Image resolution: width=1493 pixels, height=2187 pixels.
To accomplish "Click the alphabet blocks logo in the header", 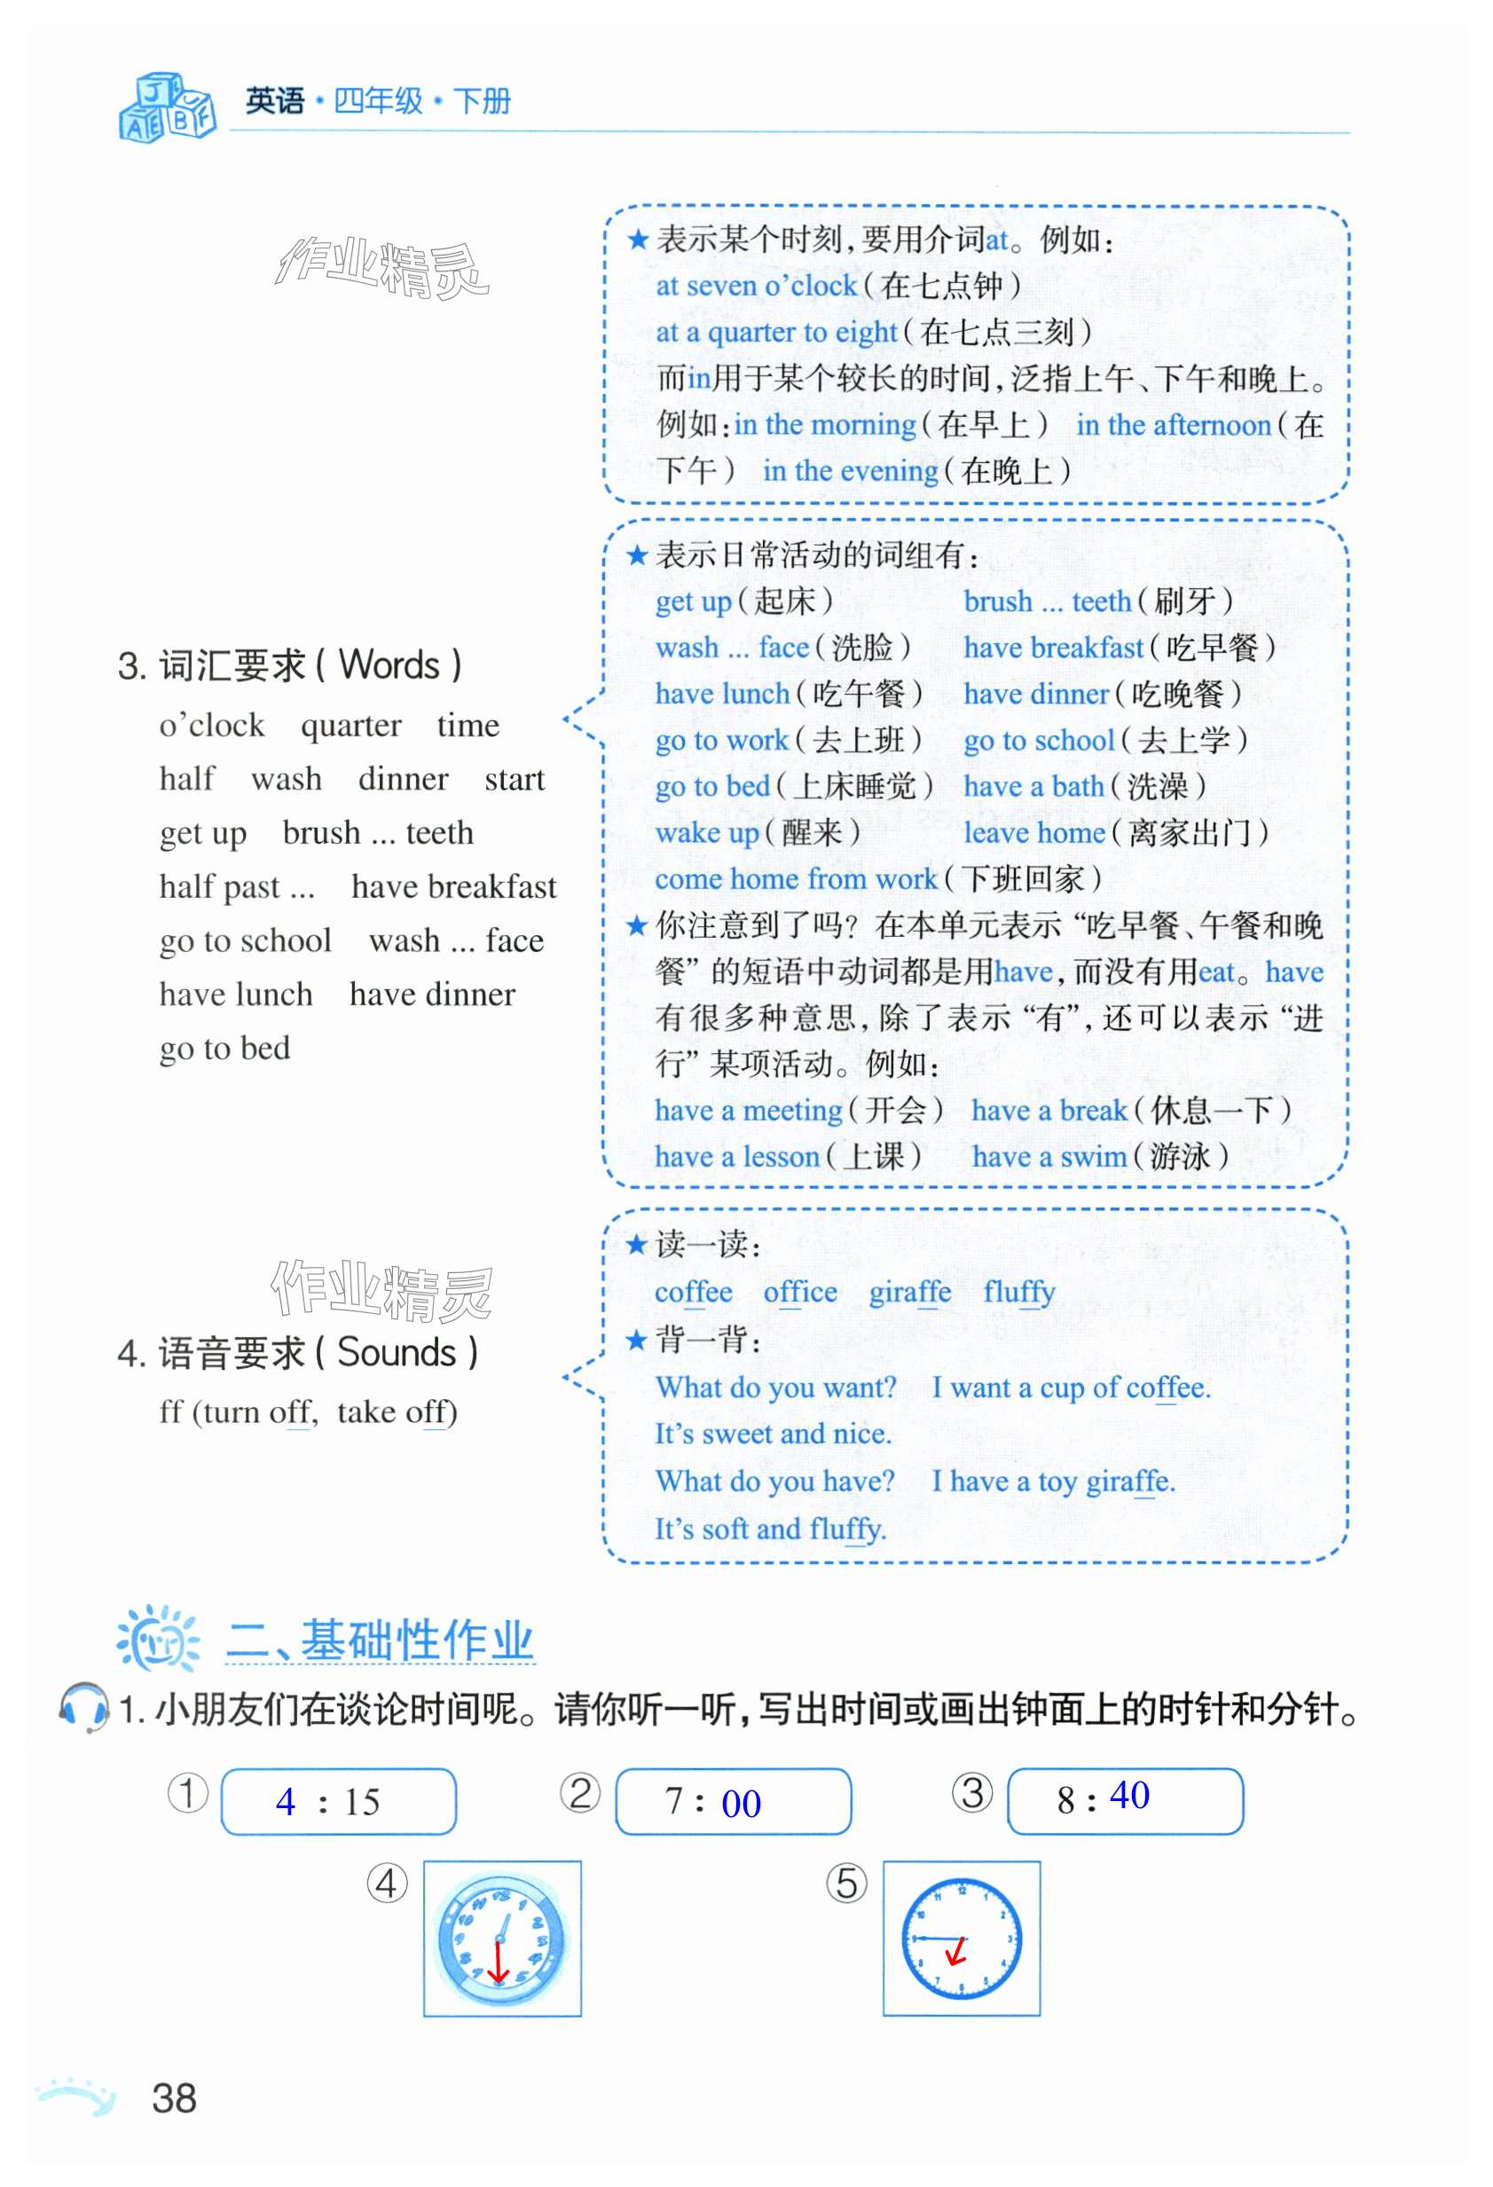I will coord(167,106).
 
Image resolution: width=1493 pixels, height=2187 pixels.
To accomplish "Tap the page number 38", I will coord(174,2097).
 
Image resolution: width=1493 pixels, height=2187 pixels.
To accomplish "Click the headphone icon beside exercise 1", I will coord(83,1706).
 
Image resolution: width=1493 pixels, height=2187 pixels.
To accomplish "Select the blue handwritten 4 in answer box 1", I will coord(285,1801).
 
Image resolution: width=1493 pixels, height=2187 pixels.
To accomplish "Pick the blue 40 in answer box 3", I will coord(1129,1795).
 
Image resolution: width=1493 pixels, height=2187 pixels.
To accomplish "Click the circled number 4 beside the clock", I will coord(387,1883).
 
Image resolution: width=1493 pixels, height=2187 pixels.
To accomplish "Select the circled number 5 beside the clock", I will coord(845,1883).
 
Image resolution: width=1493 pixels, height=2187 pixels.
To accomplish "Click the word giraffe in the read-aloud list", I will coord(908,1292).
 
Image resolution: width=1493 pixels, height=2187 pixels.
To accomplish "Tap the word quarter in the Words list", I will coord(351,726).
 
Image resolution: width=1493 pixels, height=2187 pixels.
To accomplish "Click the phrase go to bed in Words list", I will coord(224,1049).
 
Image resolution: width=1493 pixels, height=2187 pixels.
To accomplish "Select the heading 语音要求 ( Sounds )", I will coord(298,1352).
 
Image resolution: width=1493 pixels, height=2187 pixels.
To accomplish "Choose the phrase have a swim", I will coord(1048,1156).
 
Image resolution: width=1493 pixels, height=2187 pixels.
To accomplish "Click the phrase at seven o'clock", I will coord(756,285).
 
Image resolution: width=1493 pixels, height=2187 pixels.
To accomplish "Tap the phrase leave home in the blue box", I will coord(1033,833).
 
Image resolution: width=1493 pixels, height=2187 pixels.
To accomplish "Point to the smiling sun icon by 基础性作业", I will coord(157,1640).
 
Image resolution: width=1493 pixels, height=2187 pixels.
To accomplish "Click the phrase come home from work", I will coord(795,879).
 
